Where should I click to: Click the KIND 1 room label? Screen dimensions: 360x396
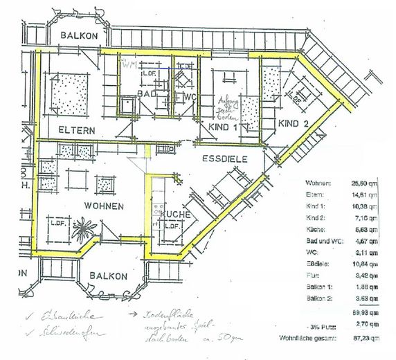coord(223,127)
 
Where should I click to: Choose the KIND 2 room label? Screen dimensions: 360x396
coord(292,123)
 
